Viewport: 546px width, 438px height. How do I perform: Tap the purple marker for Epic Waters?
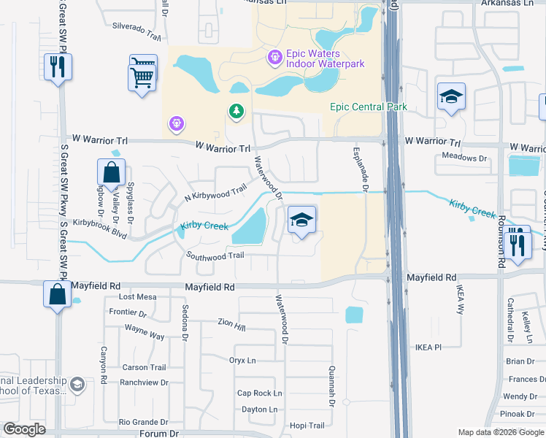point(274,55)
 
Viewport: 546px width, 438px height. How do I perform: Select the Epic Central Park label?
point(368,107)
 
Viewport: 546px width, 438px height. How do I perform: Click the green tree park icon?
point(236,112)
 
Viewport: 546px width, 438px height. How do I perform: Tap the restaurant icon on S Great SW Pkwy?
point(56,67)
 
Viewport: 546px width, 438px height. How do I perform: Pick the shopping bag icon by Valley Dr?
point(111,174)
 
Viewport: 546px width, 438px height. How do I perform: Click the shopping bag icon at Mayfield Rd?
point(57,294)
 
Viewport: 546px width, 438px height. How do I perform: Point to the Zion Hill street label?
point(232,322)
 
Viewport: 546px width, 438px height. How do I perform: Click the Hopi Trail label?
point(307,426)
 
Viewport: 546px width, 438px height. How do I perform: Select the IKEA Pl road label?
point(429,347)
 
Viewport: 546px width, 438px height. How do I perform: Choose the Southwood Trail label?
point(215,255)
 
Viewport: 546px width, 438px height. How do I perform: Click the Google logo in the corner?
point(25,429)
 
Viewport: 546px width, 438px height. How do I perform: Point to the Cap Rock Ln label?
point(260,393)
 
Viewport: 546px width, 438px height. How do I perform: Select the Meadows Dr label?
point(465,158)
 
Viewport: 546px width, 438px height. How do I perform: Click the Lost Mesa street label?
point(138,297)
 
